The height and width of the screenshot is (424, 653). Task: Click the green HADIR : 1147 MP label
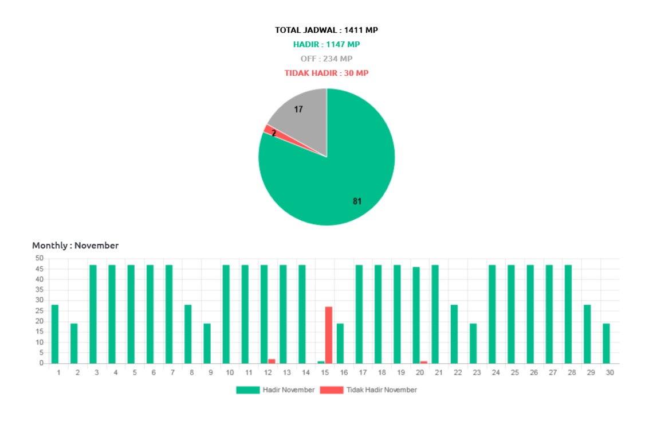pyautogui.click(x=326, y=44)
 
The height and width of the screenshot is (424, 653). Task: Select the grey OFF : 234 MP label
pyautogui.click(x=326, y=59)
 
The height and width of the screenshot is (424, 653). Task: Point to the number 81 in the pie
pyautogui.click(x=357, y=201)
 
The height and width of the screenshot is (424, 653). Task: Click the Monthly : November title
pyautogui.click(x=75, y=246)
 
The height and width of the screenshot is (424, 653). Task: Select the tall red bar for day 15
pyautogui.click(x=328, y=334)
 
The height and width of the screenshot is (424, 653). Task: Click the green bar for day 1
pyautogui.click(x=55, y=333)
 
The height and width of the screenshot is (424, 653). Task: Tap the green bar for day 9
pyautogui.click(x=207, y=343)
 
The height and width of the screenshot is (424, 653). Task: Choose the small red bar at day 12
pyautogui.click(x=272, y=361)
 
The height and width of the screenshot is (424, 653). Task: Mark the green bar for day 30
pyautogui.click(x=606, y=343)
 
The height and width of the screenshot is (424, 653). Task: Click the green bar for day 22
pyautogui.click(x=454, y=333)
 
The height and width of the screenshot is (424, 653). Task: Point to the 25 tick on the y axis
pyautogui.click(x=40, y=311)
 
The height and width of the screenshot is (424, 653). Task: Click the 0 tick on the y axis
pyautogui.click(x=41, y=363)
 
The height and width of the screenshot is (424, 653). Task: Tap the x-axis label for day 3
pyautogui.click(x=96, y=373)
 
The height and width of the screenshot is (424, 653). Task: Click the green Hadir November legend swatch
pyautogui.click(x=247, y=390)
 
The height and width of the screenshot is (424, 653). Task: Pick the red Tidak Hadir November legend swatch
pyautogui.click(x=331, y=390)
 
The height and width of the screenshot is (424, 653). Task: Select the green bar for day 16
pyautogui.click(x=340, y=343)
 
